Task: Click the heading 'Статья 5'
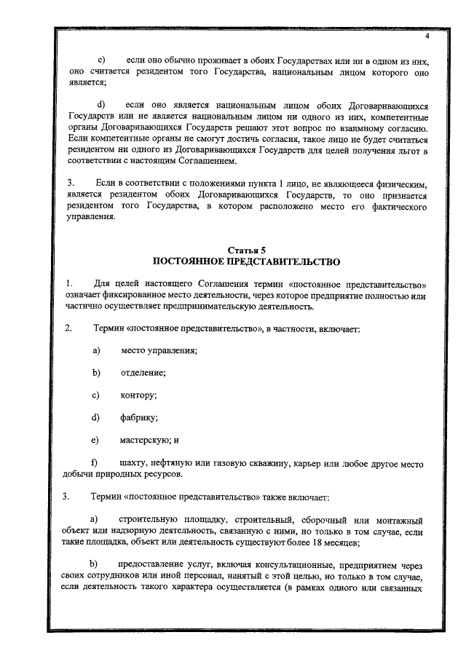pos(245,249)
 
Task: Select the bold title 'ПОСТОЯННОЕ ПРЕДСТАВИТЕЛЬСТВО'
pos(245,261)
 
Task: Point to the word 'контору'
pos(138,395)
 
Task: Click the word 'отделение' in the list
pos(143,374)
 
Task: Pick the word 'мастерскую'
pos(146,440)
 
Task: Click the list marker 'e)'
pos(95,440)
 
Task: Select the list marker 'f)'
pos(94,463)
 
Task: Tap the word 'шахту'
pos(133,463)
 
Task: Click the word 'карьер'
pos(312,463)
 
